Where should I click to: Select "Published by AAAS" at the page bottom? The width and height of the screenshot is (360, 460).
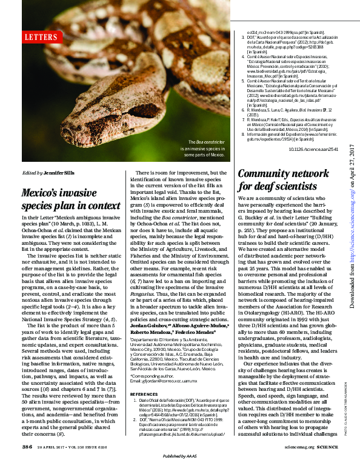click(x=180, y=455)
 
